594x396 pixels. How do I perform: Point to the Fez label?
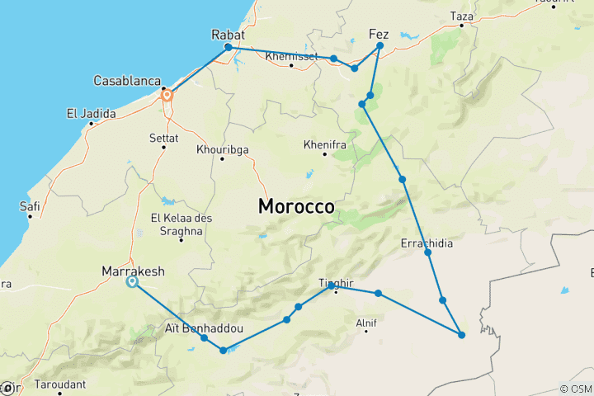[379, 34]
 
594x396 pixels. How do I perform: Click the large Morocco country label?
[296, 206]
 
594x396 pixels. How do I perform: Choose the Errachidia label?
[426, 243]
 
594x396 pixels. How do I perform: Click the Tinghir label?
[335, 284]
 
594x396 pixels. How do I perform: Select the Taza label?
[462, 16]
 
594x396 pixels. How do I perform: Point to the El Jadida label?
[90, 113]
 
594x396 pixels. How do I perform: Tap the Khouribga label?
[222, 149]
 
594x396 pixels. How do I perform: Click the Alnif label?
[365, 323]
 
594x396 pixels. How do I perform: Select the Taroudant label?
[61, 384]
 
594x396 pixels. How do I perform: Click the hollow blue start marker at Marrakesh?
[132, 282]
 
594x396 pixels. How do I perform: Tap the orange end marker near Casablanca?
[167, 95]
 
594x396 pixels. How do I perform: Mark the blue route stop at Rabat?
[229, 47]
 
